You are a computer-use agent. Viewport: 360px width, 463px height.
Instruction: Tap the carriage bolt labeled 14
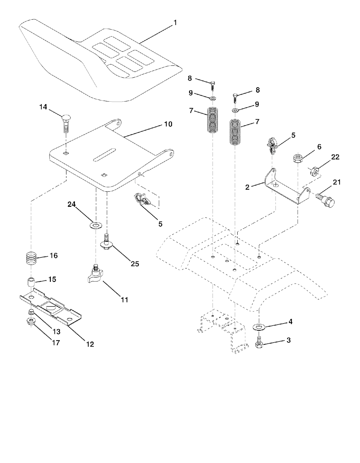click(66, 122)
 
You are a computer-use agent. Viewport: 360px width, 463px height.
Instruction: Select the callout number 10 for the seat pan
click(168, 124)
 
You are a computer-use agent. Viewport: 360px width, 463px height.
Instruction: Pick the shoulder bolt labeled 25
click(106, 242)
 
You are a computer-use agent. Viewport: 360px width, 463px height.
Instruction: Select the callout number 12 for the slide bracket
click(90, 344)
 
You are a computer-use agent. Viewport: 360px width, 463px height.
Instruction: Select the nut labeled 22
click(315, 172)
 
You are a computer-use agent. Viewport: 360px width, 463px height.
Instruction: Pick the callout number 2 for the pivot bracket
click(247, 187)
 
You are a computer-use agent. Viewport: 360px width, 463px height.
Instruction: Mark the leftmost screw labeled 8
click(213, 84)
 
